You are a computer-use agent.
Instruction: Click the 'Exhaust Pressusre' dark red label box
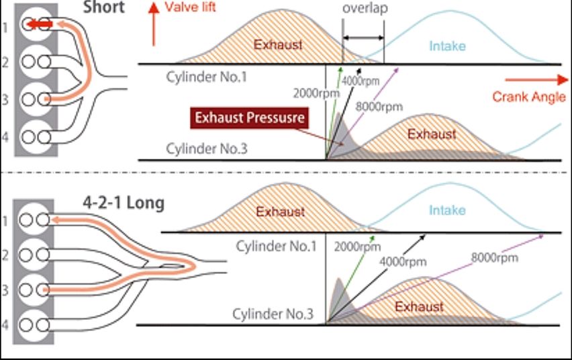pyautogui.click(x=250, y=118)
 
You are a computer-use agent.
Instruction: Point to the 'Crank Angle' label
pyautogui.click(x=529, y=96)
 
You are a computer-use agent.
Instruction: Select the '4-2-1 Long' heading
pyautogui.click(x=124, y=202)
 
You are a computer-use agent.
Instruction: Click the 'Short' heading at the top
pyautogui.click(x=104, y=7)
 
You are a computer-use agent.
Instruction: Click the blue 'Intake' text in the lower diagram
pyautogui.click(x=447, y=210)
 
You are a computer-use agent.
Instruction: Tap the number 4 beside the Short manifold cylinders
pyautogui.click(x=5, y=137)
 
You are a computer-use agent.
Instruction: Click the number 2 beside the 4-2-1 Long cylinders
pyautogui.click(x=5, y=255)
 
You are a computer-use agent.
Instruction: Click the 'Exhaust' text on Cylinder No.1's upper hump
pyautogui.click(x=278, y=46)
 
